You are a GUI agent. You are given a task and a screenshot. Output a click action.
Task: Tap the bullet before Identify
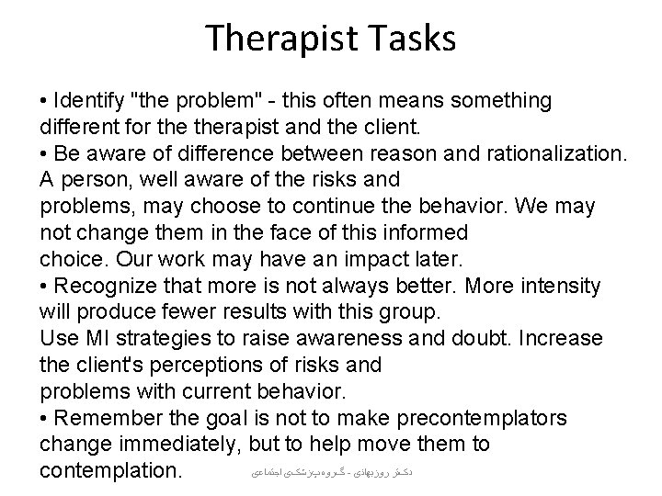click(45, 100)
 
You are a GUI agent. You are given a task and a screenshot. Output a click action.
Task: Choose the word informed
click(420, 232)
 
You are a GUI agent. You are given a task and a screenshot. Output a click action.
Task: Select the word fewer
click(187, 312)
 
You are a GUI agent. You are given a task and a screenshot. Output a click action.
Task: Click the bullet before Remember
click(45, 420)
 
